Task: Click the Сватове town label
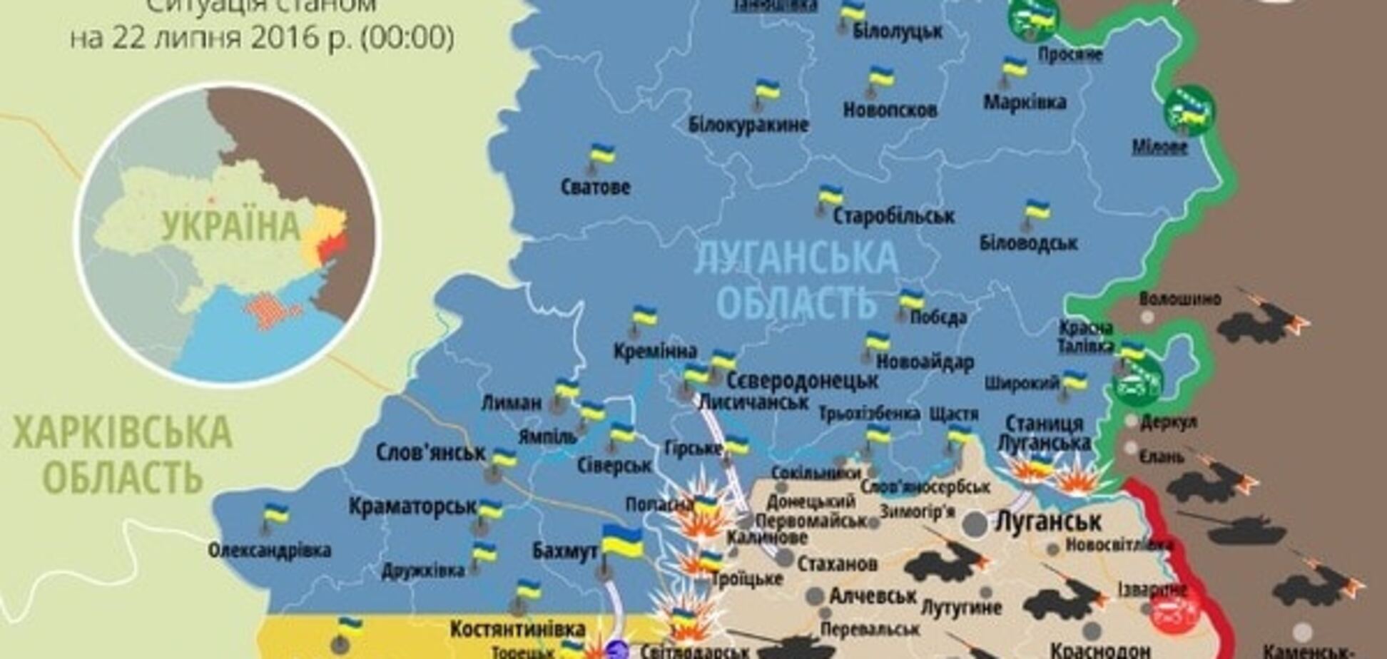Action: pos(596,188)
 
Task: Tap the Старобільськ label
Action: pos(893,215)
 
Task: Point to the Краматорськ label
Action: pos(412,506)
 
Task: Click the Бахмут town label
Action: pos(564,551)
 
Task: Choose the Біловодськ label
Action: pos(1028,243)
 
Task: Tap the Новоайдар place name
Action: pos(925,362)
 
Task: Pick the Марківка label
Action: pos(1025,103)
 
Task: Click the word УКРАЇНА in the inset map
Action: pos(230,226)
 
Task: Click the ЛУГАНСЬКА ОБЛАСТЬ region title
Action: pos(796,278)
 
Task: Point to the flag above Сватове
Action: pos(601,155)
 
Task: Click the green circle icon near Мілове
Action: pos(1189,111)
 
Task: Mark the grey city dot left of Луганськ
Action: pos(975,524)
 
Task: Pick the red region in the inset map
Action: pos(332,247)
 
